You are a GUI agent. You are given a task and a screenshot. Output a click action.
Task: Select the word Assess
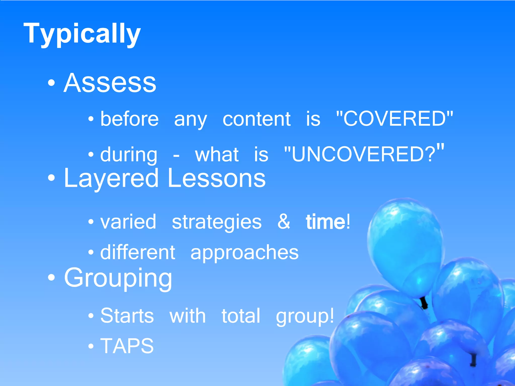(x=110, y=83)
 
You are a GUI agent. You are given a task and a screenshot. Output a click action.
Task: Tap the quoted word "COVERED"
(x=394, y=119)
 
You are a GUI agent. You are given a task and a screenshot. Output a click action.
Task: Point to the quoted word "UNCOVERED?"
(x=364, y=154)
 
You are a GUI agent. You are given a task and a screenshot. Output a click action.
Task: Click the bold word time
(x=326, y=222)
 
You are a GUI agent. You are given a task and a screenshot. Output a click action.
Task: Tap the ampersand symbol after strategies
(x=284, y=222)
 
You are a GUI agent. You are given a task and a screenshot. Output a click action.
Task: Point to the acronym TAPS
(x=127, y=346)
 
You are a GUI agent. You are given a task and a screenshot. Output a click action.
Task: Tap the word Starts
(x=127, y=316)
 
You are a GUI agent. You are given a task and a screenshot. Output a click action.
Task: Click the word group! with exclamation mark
(x=305, y=317)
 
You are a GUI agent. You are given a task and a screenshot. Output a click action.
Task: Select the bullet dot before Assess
(x=51, y=83)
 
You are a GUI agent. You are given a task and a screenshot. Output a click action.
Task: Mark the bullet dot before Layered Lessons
(x=51, y=178)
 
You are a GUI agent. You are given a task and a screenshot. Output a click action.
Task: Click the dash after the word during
(x=176, y=156)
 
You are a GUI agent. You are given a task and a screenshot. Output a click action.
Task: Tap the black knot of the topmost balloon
(x=424, y=303)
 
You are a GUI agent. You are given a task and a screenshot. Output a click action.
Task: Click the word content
(x=256, y=119)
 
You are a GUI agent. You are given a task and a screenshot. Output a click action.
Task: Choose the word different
(x=138, y=252)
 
